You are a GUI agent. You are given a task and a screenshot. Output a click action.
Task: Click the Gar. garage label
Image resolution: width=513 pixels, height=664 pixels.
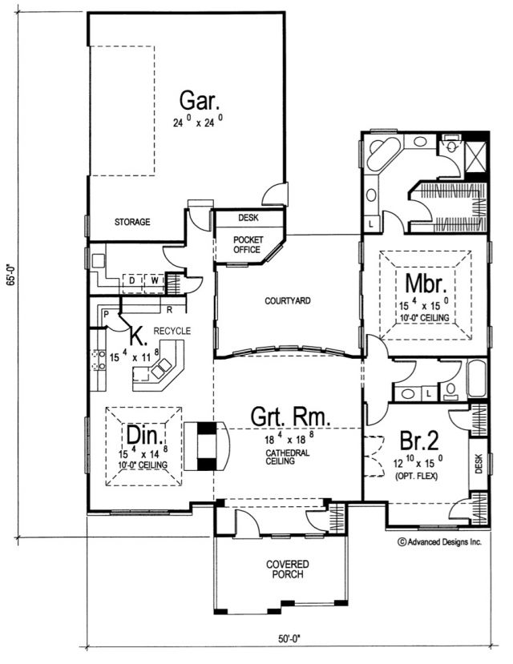pyautogui.click(x=200, y=101)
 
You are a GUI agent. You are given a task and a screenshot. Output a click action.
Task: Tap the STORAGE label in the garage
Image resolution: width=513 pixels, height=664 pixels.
pyautogui.click(x=132, y=222)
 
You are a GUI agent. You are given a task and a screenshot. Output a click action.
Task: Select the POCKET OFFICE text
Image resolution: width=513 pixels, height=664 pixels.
pyautogui.click(x=248, y=245)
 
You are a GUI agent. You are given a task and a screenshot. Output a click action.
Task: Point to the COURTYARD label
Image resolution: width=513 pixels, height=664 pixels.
pyautogui.click(x=288, y=301)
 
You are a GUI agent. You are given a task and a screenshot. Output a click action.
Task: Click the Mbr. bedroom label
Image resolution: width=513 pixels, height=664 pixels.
pyautogui.click(x=426, y=284)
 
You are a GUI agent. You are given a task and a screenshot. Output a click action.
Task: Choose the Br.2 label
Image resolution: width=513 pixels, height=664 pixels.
pyautogui.click(x=419, y=441)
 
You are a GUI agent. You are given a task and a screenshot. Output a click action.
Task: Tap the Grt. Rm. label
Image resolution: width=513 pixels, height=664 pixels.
pyautogui.click(x=290, y=417)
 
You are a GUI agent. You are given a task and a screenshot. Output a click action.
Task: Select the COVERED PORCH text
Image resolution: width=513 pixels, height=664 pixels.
pyautogui.click(x=288, y=569)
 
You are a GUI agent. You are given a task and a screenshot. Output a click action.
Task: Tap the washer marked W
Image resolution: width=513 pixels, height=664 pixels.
pyautogui.click(x=155, y=280)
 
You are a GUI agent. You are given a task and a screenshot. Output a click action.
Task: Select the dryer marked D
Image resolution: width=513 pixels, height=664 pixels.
pyautogui.click(x=131, y=280)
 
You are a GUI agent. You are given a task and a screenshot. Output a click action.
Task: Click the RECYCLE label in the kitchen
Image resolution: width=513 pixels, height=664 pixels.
pyautogui.click(x=172, y=331)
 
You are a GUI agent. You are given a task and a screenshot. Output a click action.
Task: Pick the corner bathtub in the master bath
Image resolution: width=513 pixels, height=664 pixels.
pyautogui.click(x=384, y=154)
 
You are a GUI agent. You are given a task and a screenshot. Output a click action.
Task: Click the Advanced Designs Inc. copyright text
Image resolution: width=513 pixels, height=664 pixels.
pyautogui.click(x=440, y=541)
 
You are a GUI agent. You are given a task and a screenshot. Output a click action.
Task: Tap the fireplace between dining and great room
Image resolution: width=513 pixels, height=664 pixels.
pyautogui.click(x=207, y=446)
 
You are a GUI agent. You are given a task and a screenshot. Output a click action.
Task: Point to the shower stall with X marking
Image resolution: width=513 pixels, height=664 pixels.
pyautogui.click(x=475, y=157)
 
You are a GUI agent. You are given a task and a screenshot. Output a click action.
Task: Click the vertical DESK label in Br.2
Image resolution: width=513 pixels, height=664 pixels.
pyautogui.click(x=479, y=464)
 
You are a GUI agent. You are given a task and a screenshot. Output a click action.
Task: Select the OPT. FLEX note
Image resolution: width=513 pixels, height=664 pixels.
pyautogui.click(x=417, y=477)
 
